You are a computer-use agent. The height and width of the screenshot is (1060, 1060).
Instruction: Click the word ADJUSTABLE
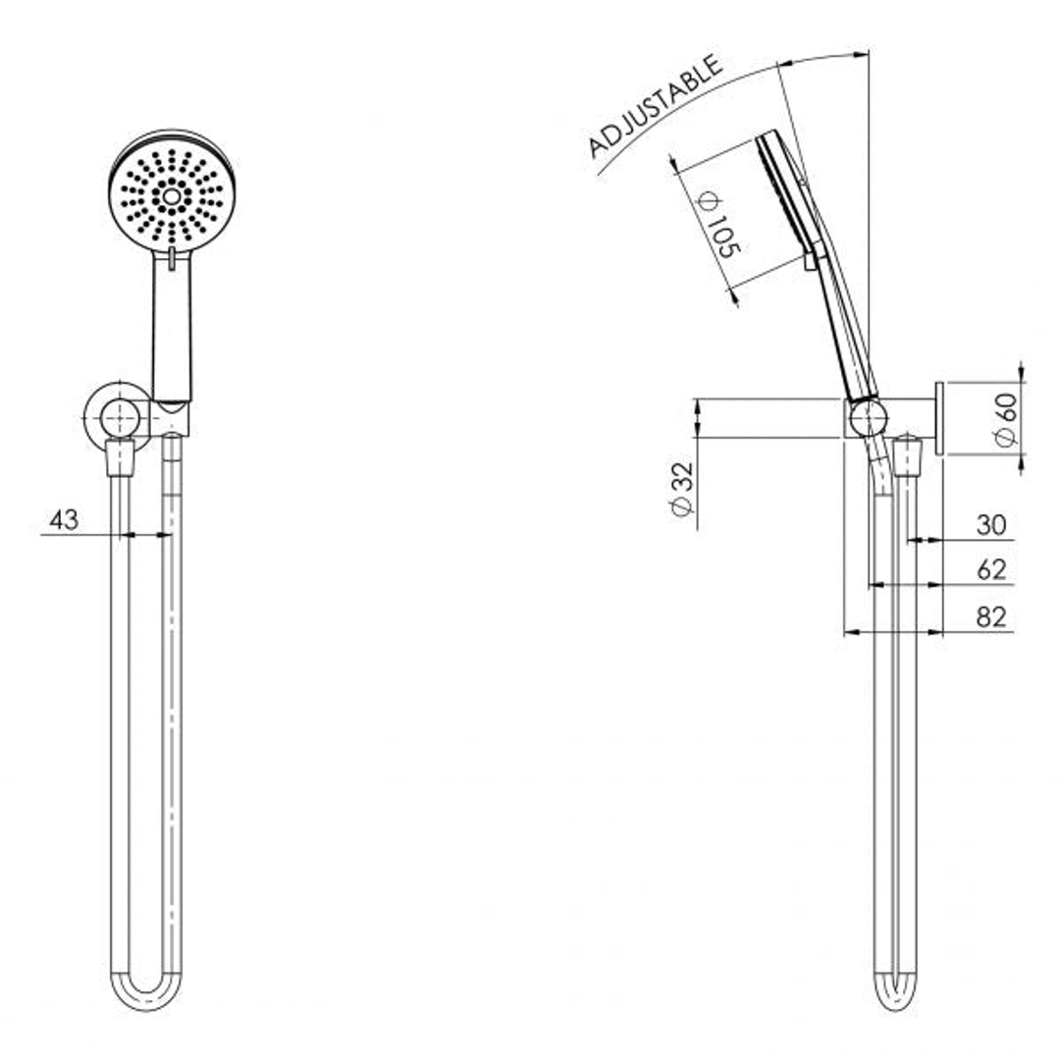655,106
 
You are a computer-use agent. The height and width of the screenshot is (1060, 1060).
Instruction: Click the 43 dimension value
64,520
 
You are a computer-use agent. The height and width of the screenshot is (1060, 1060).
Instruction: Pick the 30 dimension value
991,525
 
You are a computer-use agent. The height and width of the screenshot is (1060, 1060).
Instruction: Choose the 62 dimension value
991,570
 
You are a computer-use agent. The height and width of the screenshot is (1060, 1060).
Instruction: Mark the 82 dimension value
991,616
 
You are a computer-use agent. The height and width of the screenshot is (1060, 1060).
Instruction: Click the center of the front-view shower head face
172,196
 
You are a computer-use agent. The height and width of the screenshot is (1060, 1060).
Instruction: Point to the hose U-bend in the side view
895,991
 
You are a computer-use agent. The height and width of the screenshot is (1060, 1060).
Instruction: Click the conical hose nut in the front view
119,457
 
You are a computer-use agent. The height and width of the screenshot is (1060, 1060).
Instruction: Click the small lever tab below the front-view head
172,258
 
